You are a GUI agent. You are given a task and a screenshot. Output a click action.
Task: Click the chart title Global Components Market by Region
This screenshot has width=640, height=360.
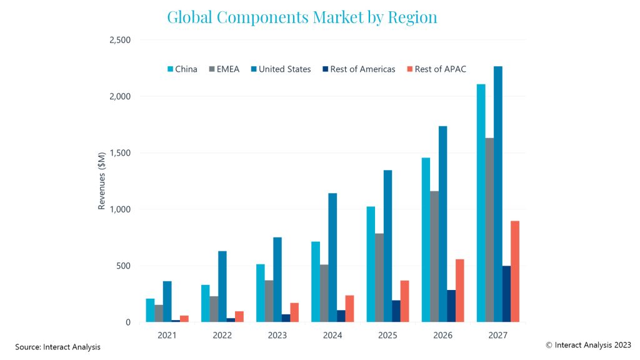click(x=302, y=17)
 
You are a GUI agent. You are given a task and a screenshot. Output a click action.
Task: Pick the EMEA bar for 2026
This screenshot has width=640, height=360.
click(x=434, y=256)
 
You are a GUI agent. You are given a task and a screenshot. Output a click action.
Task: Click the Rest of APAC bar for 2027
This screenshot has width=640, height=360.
click(x=515, y=271)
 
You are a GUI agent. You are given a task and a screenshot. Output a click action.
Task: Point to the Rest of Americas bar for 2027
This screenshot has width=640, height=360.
click(x=506, y=294)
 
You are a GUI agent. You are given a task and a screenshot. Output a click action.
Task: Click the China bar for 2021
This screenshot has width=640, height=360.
click(x=150, y=310)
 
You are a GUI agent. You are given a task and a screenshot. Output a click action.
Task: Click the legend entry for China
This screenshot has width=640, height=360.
click(x=182, y=69)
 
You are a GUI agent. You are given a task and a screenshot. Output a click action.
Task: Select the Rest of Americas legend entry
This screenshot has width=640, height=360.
click(x=359, y=69)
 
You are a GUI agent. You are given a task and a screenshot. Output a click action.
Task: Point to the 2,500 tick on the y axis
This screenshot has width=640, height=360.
click(x=119, y=40)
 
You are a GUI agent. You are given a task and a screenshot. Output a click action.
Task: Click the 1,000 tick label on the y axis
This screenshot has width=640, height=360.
click(x=119, y=209)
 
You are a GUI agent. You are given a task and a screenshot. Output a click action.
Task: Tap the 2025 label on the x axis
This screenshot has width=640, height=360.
click(x=387, y=336)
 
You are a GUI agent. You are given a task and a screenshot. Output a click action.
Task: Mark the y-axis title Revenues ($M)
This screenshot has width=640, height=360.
click(x=101, y=181)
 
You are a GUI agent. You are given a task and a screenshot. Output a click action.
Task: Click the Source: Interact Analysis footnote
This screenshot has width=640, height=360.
click(x=57, y=347)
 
